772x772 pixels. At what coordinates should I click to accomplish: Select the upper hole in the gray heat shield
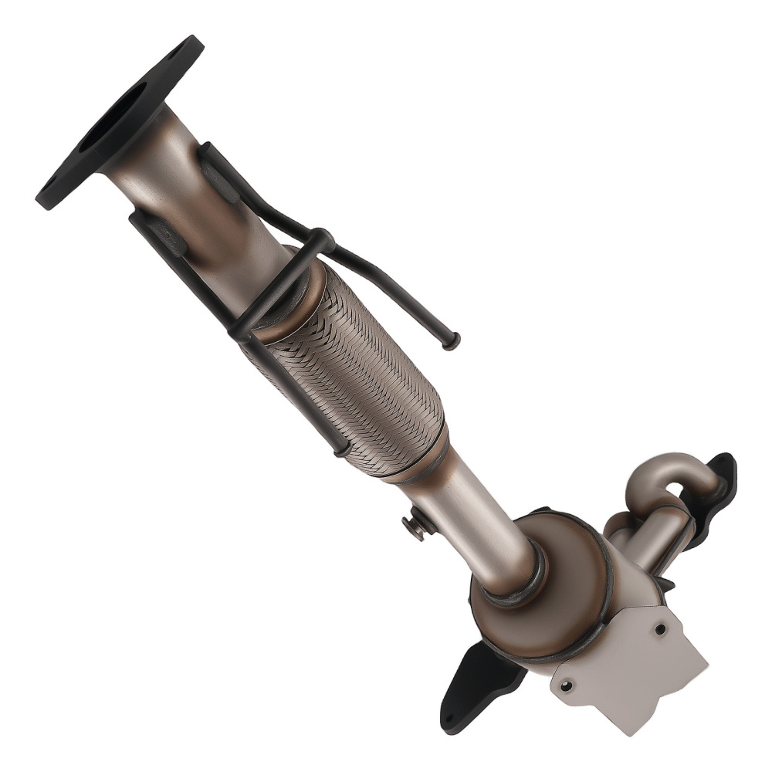(x=660, y=629)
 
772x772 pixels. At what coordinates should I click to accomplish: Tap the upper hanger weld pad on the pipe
(x=220, y=181)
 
